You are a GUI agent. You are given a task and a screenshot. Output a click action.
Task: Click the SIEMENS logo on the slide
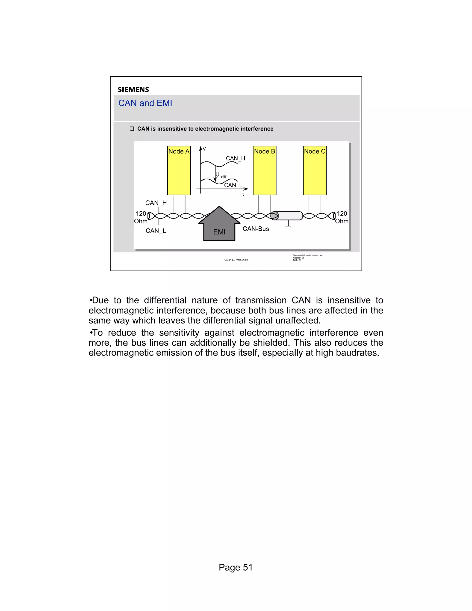tap(133, 89)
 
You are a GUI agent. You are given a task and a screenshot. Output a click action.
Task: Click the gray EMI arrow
tap(219, 227)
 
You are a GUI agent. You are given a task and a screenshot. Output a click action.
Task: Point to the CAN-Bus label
tap(256, 229)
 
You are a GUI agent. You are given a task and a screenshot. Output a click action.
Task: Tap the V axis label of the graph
tap(204, 149)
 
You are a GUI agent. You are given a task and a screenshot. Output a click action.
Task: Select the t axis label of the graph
tap(243, 194)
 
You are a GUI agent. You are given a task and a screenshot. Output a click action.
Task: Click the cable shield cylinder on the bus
tap(288, 216)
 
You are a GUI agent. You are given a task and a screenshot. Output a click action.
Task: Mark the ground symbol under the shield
tap(288, 224)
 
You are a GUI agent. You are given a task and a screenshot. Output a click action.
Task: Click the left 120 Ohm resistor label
tap(141, 217)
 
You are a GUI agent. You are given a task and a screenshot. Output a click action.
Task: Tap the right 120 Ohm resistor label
tap(342, 217)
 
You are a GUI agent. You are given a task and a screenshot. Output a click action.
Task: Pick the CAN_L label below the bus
tap(156, 231)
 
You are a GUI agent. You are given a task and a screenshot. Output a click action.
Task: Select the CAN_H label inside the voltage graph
tap(236, 158)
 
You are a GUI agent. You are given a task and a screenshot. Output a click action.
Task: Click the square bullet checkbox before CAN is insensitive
tap(132, 129)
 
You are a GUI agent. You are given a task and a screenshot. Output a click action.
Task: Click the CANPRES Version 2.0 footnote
tap(236, 260)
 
